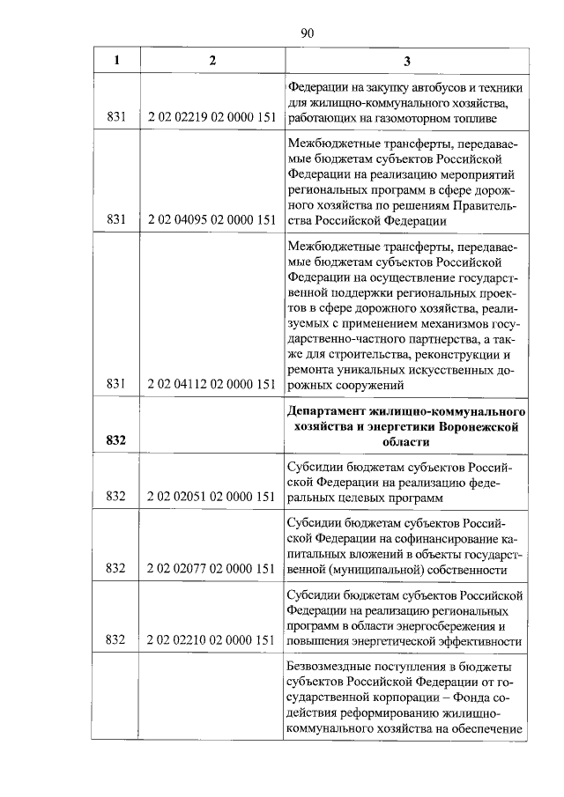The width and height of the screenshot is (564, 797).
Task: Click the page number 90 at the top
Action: [308, 33]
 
